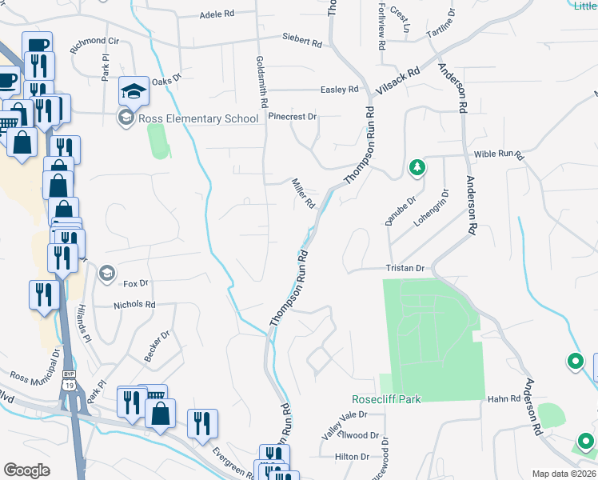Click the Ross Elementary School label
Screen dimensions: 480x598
pos(198,118)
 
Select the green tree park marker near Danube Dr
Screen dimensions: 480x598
pos(416,167)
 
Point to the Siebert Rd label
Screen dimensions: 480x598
pos(301,38)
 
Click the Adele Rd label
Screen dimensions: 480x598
pos(216,14)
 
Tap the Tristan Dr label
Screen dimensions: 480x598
pos(403,268)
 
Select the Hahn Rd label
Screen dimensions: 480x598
pos(504,398)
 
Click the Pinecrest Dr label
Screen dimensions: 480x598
pos(293,116)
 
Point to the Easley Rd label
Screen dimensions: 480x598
pos(339,90)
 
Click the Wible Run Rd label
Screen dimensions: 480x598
pos(497,153)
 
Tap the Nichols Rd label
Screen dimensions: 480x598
pos(134,305)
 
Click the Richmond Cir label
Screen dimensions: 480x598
pos(94,41)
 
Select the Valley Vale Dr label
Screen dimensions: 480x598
pos(344,414)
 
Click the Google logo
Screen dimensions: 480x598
pos(26,470)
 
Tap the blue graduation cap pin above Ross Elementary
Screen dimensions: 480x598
pos(134,90)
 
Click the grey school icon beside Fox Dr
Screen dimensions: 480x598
pos(106,274)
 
